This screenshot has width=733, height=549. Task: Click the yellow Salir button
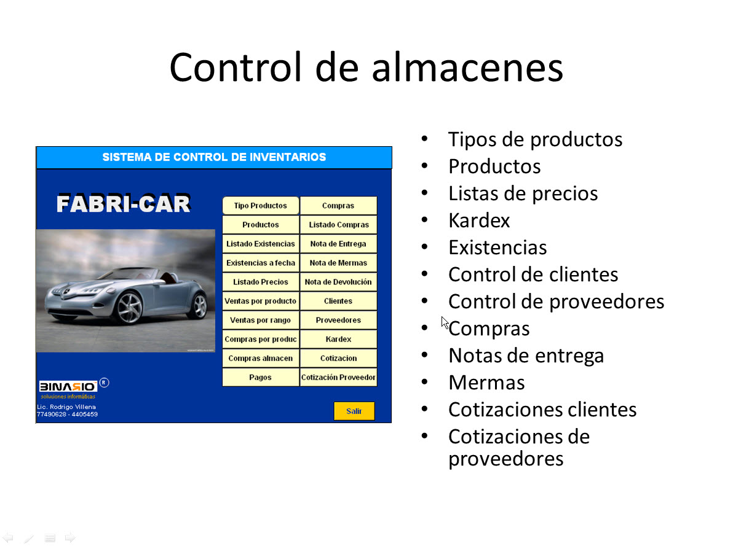click(x=354, y=411)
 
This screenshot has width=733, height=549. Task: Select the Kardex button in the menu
click(x=338, y=340)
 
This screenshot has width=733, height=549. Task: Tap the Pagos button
click(x=260, y=377)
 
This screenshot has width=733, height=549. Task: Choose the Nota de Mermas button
click(x=338, y=263)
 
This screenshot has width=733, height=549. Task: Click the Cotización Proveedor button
click(x=338, y=377)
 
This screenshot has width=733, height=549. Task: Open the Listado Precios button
click(x=260, y=282)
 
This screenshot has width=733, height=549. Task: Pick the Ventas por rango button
click(x=260, y=321)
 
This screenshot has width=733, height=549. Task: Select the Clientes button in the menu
click(x=338, y=301)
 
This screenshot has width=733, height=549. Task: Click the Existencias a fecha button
click(x=260, y=263)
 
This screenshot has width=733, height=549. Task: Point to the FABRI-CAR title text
click(x=124, y=203)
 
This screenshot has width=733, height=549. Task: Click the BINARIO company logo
click(x=68, y=386)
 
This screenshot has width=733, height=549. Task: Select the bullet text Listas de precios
click(x=523, y=193)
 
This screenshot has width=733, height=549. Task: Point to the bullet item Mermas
click(x=486, y=383)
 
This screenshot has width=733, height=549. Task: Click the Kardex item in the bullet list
click(x=479, y=220)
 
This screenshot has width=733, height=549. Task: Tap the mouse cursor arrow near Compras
click(x=445, y=322)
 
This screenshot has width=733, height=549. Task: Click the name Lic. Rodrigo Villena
click(x=66, y=407)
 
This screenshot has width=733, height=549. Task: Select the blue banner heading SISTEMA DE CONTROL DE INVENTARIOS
click(x=214, y=157)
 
